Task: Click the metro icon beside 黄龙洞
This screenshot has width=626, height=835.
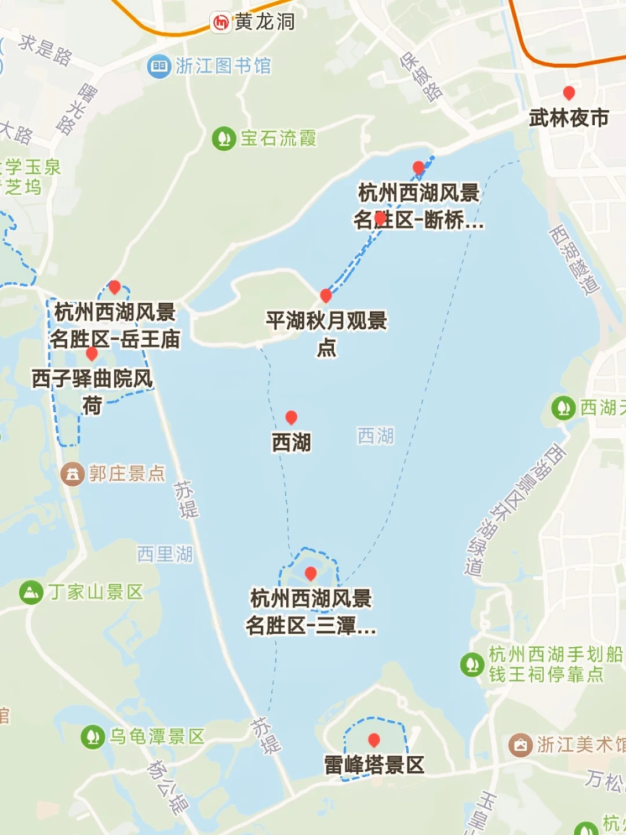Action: click(221, 23)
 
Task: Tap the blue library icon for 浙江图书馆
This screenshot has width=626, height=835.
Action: click(158, 66)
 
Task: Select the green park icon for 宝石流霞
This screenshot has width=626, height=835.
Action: click(223, 139)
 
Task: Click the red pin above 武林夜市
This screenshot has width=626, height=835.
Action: click(569, 93)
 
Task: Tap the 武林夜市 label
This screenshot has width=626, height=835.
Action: click(569, 118)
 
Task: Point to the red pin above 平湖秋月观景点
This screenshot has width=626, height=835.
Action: click(326, 296)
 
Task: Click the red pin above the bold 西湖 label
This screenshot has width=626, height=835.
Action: click(292, 418)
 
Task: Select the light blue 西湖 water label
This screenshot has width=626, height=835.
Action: click(376, 436)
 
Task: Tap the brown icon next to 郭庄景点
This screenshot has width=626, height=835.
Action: click(72, 474)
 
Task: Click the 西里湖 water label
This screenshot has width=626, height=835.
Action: click(165, 554)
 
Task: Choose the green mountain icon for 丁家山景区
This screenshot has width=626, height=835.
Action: click(31, 593)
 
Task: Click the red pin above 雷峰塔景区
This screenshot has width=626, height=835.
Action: click(374, 740)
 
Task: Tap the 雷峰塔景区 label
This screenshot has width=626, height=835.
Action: click(374, 765)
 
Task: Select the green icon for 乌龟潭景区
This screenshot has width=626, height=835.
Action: click(92, 737)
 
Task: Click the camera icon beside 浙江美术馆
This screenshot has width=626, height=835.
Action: click(521, 745)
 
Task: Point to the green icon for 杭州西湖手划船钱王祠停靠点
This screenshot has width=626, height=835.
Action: click(472, 665)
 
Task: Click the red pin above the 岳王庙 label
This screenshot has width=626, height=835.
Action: click(115, 287)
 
